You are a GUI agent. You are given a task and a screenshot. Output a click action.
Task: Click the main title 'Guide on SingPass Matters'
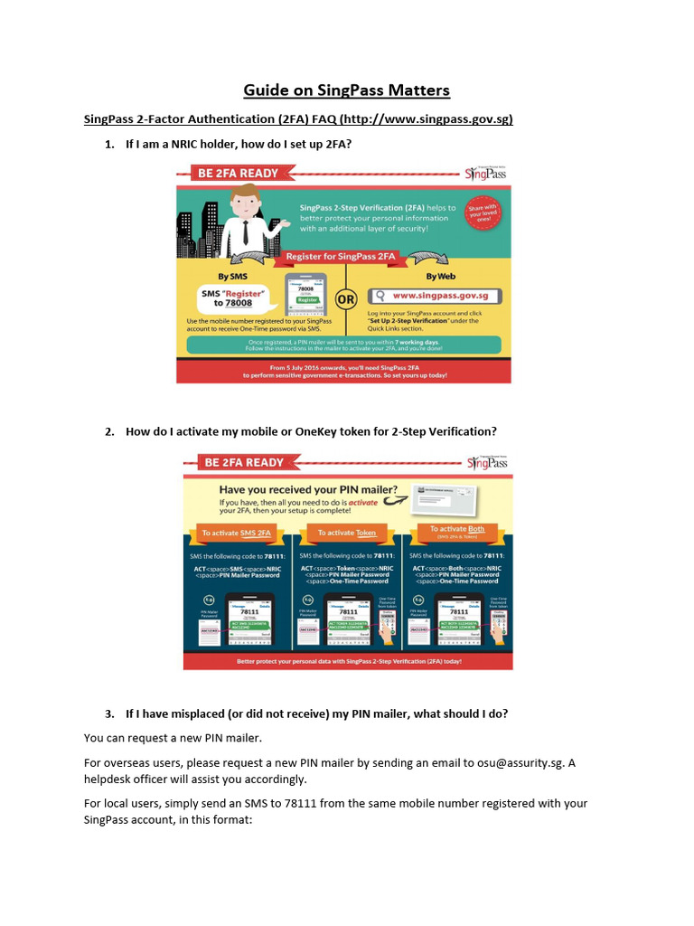click(x=346, y=90)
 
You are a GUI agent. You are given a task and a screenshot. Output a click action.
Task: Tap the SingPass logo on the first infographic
click(x=486, y=173)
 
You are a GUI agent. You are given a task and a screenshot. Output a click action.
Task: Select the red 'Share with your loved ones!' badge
click(x=483, y=218)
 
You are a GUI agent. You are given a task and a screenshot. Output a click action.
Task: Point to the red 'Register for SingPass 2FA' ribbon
click(x=342, y=257)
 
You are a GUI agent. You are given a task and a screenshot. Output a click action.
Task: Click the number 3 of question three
click(x=108, y=713)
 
